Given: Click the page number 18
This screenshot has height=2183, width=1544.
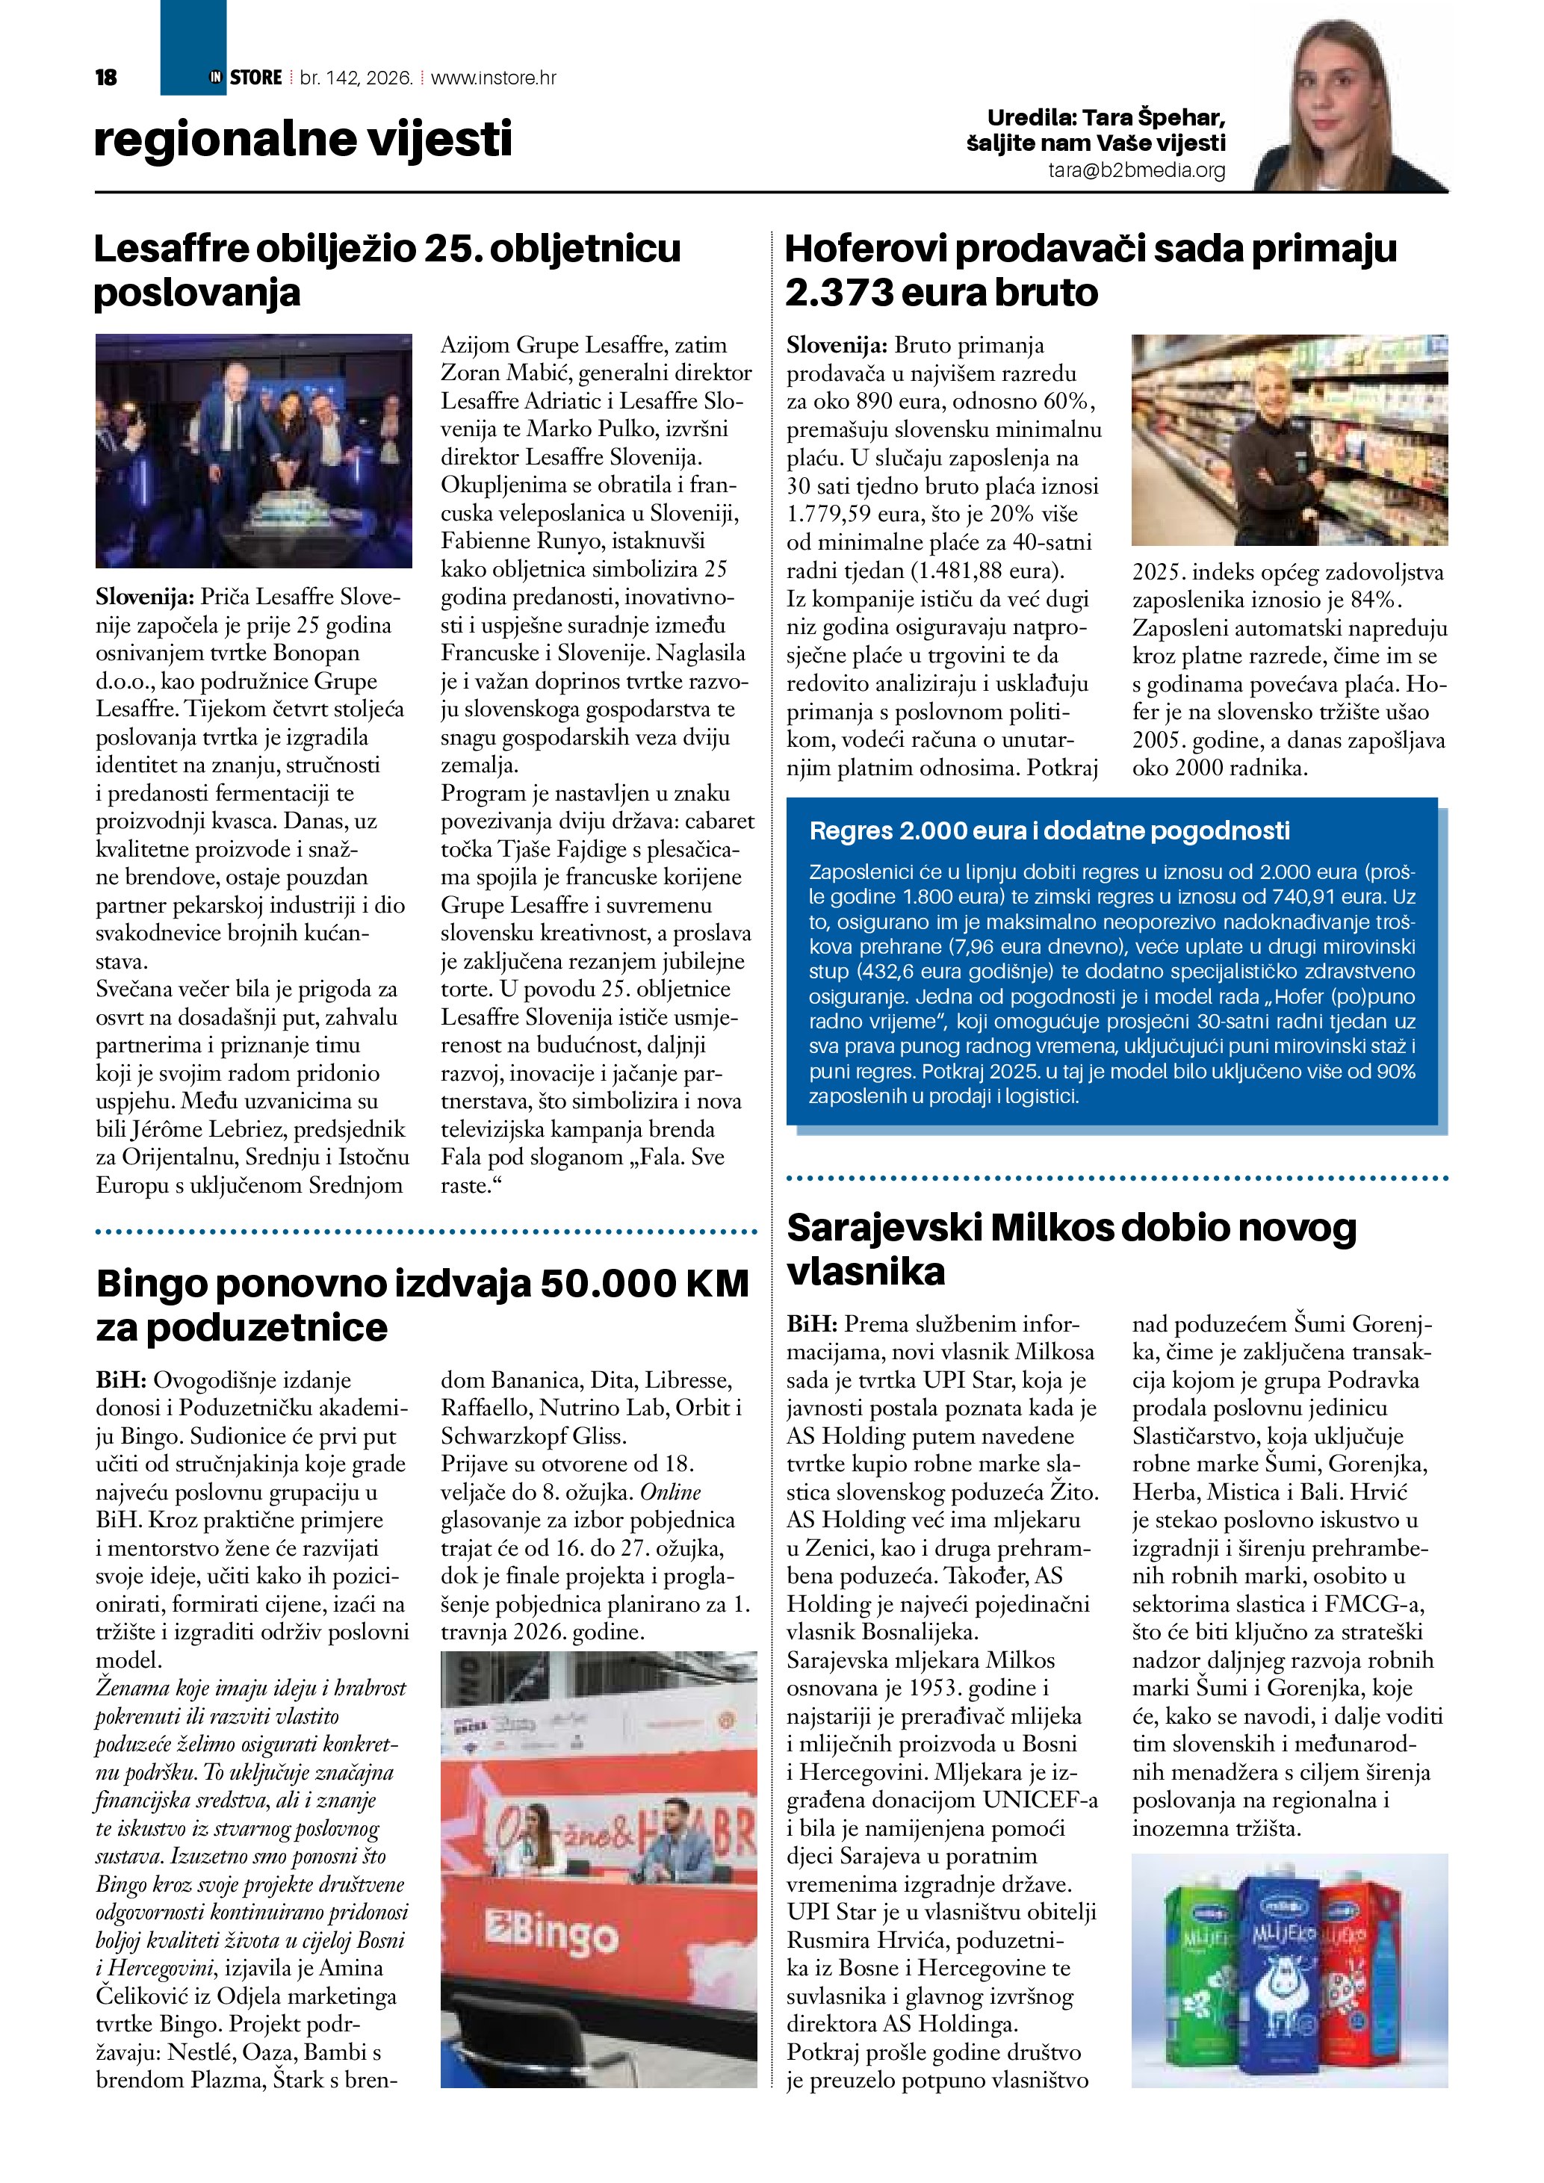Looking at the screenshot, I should coord(105,78).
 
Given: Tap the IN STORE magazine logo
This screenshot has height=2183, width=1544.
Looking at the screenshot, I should coord(245,78).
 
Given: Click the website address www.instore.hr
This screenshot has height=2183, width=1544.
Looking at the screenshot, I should coord(494,78).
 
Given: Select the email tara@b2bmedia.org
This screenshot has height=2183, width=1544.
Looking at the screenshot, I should coord(1136,171).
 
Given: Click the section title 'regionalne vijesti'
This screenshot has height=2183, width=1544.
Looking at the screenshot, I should coord(303,140).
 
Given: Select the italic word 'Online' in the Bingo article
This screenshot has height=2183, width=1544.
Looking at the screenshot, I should coord(669,1491).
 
